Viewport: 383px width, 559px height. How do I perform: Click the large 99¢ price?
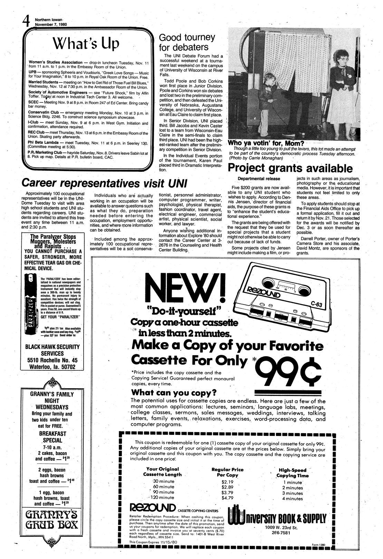(291, 373)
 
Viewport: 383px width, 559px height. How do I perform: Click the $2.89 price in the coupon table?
(228, 486)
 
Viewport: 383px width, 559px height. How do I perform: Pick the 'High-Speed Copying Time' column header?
(292, 472)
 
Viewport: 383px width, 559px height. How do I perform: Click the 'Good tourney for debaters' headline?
(186, 42)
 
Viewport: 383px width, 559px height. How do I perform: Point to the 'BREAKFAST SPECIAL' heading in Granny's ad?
(52, 436)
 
